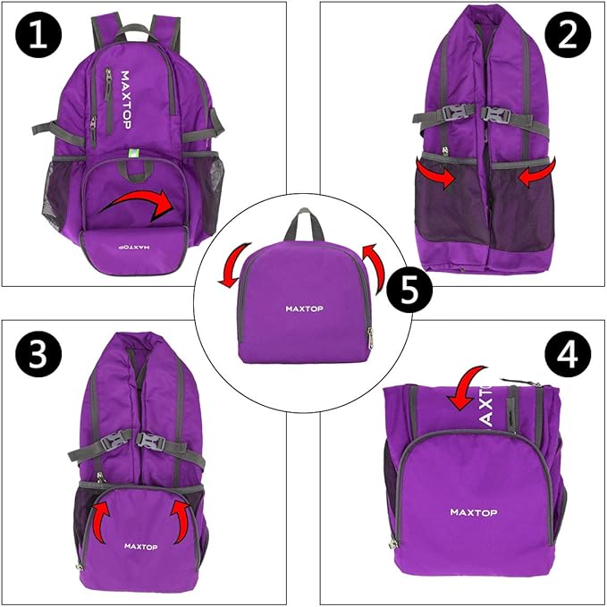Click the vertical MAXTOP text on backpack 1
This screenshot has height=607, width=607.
point(124,100)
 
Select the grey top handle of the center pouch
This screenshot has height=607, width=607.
point(303,225)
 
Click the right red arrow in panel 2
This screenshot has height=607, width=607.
point(535,173)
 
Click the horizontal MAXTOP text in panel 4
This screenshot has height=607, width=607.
point(474,512)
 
